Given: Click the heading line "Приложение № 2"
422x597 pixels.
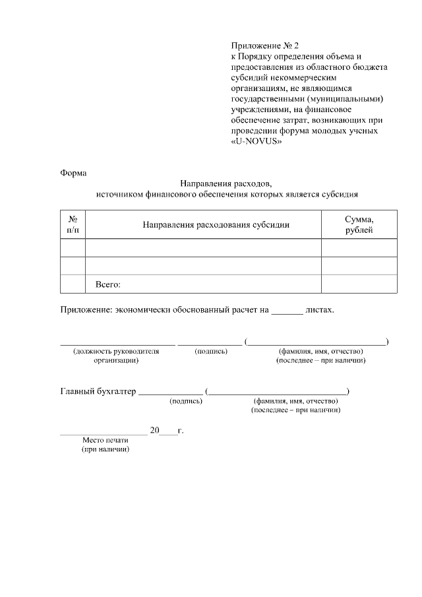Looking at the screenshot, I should [x=264, y=46].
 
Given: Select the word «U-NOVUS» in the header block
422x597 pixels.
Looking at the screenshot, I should [x=256, y=141].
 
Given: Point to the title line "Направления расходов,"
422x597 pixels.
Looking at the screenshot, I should [x=226, y=184].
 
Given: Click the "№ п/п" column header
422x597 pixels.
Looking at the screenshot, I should [x=73, y=224].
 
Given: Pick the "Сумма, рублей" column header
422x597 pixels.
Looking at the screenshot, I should [x=359, y=224].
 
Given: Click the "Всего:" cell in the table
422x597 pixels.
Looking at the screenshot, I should [x=108, y=284].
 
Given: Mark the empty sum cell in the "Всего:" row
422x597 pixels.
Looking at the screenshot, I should [x=359, y=284].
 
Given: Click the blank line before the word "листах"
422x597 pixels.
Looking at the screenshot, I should [x=287, y=310].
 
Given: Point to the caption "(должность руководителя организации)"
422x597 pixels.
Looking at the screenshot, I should [x=116, y=356].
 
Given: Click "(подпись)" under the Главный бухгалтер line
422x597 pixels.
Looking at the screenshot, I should [x=186, y=401].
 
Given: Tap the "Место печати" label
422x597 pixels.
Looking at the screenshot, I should [x=105, y=440].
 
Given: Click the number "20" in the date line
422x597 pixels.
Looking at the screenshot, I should [x=155, y=430].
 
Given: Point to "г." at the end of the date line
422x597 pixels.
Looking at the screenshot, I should [x=181, y=430].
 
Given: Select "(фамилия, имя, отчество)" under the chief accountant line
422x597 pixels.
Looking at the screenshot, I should [x=295, y=401].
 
